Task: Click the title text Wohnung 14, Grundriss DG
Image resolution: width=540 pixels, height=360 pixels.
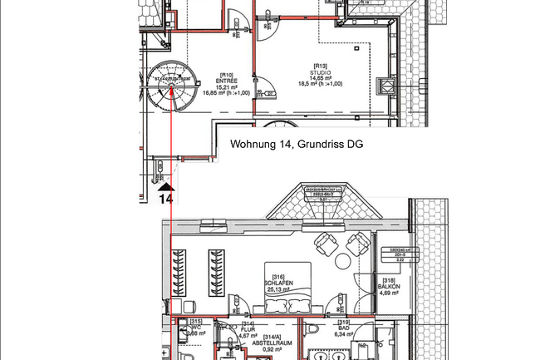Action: tap(297, 145)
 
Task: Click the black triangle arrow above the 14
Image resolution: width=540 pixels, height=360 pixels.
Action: tap(165, 186)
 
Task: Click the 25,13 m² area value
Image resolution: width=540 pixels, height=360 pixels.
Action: tap(277, 289)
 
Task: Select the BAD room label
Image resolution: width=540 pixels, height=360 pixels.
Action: tap(344, 329)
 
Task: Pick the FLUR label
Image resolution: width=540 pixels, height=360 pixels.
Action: tap(248, 328)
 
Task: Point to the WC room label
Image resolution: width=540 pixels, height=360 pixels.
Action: tap(197, 327)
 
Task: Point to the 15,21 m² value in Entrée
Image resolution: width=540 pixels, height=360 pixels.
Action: tap(227, 86)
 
